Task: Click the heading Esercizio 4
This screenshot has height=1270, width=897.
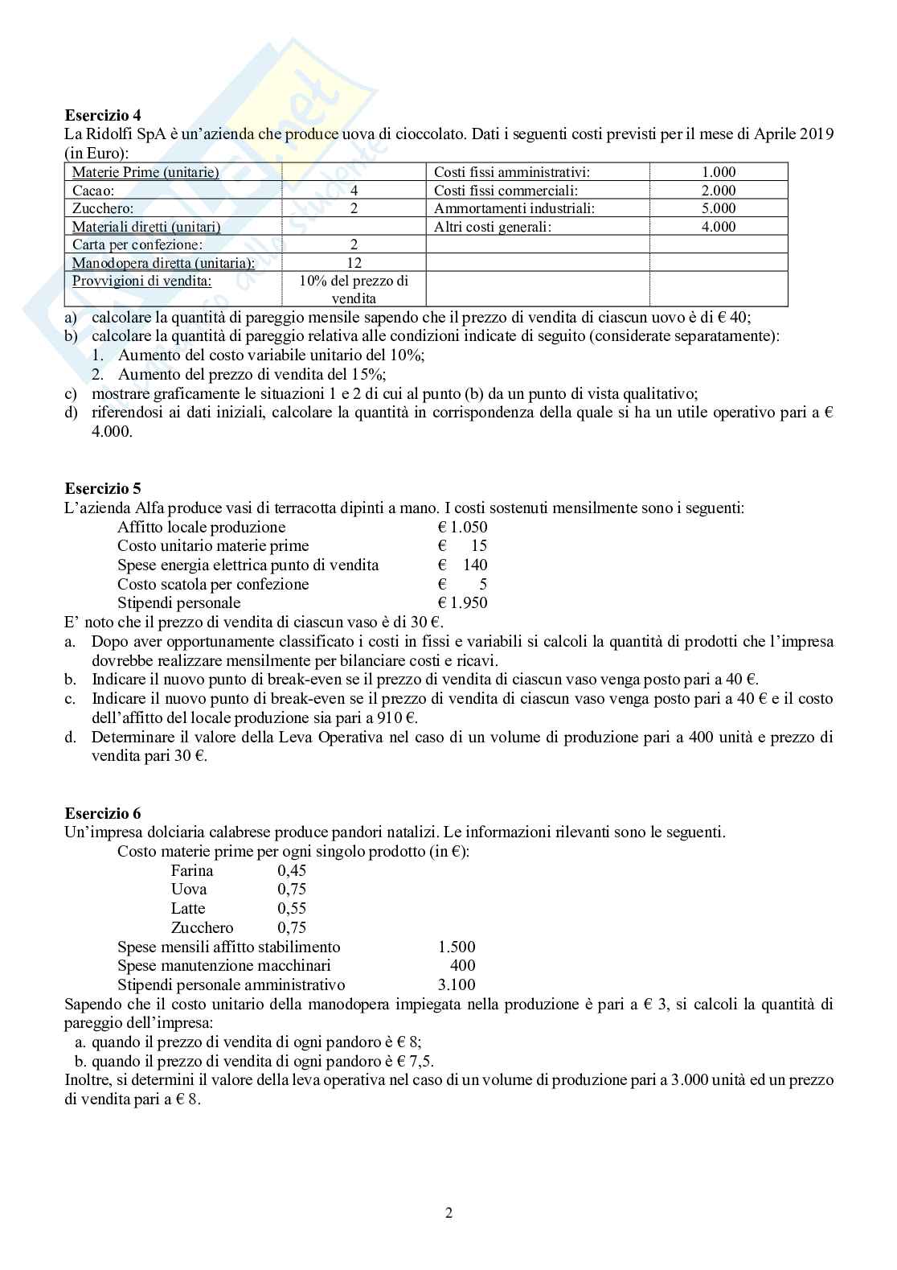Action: [102, 115]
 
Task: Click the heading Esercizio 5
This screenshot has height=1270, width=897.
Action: [102, 488]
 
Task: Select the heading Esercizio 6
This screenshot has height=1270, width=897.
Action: [102, 813]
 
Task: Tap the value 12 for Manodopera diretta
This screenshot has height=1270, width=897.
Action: [354, 262]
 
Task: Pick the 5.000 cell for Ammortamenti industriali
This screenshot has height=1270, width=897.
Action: [718, 208]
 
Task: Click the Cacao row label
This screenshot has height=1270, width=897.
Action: [93, 191]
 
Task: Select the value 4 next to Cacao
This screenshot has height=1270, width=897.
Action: [354, 191]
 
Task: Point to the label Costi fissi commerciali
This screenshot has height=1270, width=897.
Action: [506, 191]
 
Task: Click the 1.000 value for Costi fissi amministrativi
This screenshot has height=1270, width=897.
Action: [718, 172]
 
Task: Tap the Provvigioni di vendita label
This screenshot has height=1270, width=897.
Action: [142, 281]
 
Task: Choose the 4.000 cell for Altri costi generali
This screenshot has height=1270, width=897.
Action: [718, 227]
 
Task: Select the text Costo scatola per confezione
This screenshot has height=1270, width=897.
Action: [213, 584]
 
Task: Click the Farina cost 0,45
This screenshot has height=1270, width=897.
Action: [292, 870]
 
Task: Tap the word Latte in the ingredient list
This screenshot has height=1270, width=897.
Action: [188, 908]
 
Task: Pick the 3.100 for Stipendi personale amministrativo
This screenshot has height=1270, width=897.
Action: [455, 984]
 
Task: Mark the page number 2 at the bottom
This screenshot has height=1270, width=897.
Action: [448, 1214]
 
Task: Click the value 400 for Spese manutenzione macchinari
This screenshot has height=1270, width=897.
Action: [462, 965]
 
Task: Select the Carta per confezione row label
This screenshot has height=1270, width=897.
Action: [137, 245]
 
